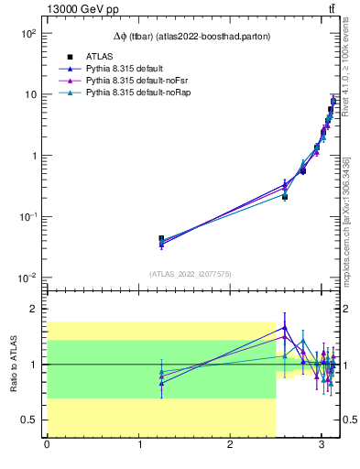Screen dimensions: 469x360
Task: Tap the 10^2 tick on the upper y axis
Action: [27, 33]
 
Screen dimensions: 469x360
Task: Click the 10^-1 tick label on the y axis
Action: [27, 217]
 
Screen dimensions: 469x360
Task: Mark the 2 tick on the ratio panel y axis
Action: [32, 309]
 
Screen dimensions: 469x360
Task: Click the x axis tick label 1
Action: [138, 446]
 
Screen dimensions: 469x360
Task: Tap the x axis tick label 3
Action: [322, 446]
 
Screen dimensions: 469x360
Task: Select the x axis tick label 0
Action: [47, 446]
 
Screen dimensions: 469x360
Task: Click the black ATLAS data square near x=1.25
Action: [161, 239]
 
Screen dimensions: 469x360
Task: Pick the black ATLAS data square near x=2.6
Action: [285, 196]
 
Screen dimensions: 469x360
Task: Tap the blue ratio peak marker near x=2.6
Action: [285, 327]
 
